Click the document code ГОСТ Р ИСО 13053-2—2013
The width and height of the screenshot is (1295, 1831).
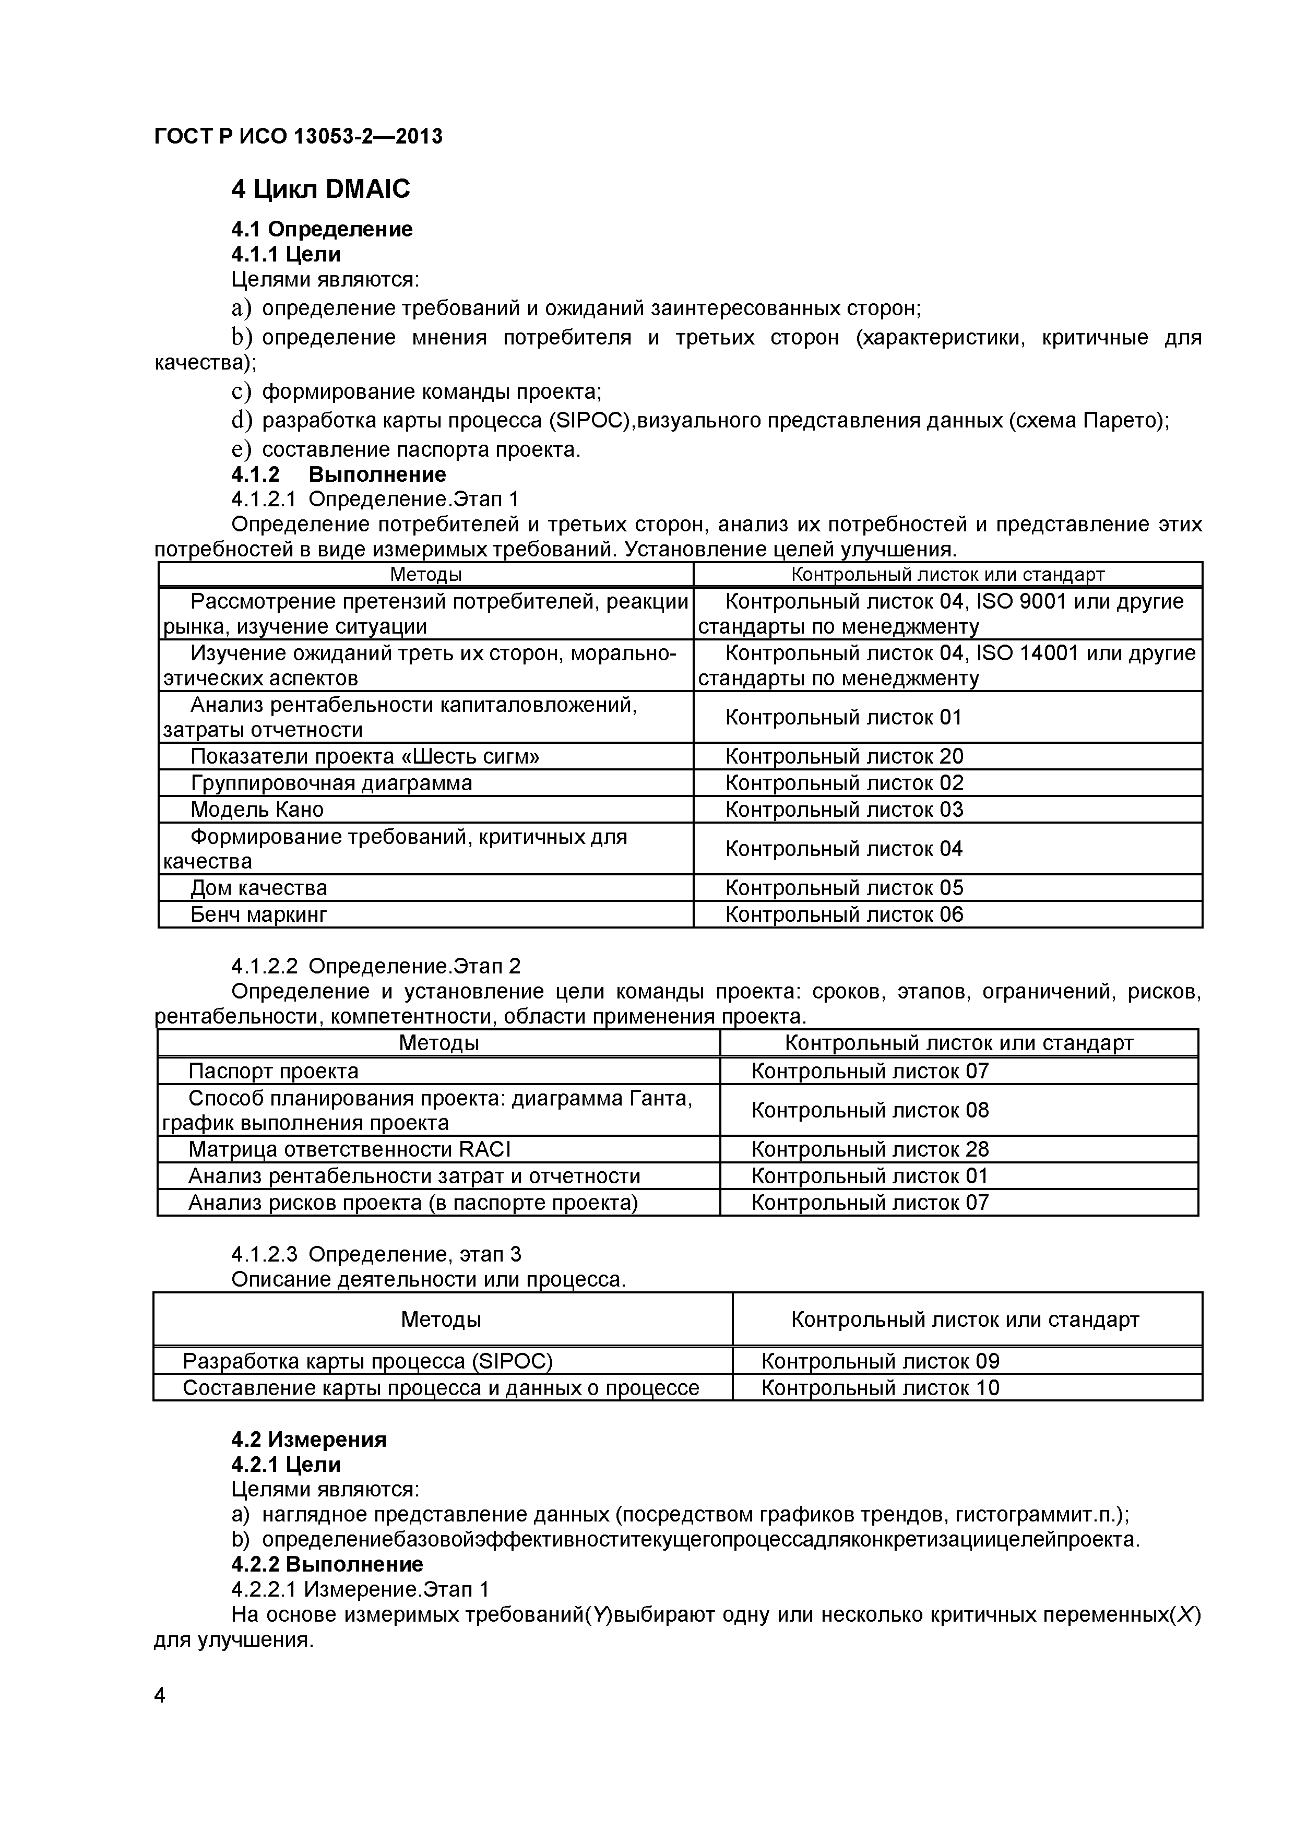[x=298, y=137]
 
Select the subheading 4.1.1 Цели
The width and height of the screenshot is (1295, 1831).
[x=286, y=254]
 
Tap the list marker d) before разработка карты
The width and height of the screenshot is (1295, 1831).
[x=242, y=420]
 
